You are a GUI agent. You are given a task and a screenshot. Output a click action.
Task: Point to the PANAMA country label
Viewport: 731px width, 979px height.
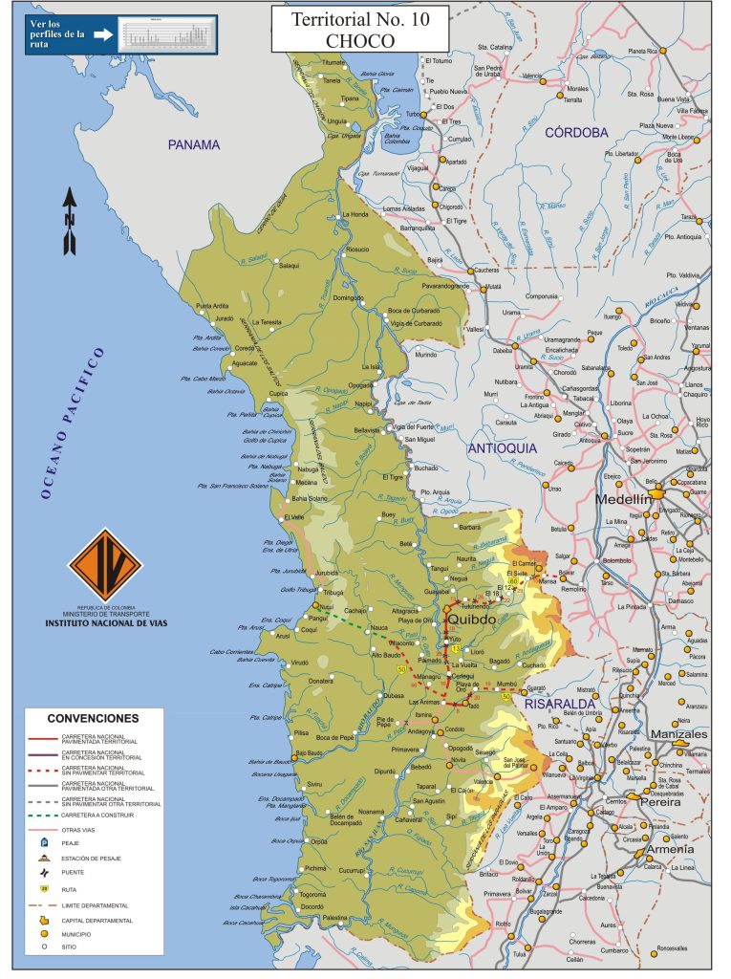click(194, 144)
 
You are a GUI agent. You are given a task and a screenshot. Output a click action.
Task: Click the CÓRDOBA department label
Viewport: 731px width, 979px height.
click(576, 133)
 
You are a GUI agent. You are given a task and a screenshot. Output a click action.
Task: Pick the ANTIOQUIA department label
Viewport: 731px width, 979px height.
click(502, 447)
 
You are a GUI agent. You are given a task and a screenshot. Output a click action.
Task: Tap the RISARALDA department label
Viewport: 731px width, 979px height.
click(559, 703)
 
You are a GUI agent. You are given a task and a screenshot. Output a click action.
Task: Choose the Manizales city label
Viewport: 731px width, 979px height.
click(678, 734)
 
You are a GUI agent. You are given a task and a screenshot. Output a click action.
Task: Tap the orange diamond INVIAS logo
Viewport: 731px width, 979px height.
click(104, 564)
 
